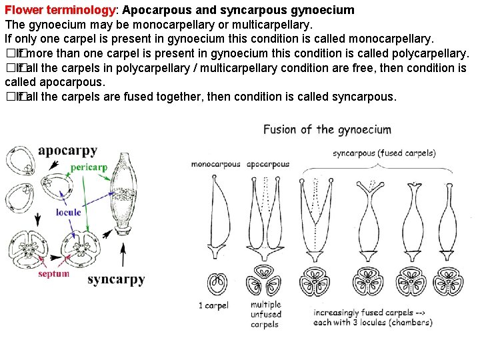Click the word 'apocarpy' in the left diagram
tap(73, 150)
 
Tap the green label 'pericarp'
tap(89, 167)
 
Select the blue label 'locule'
tap(68, 212)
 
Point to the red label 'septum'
tap(53, 273)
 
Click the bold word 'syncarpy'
tap(116, 279)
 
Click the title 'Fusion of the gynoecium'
tap(327, 129)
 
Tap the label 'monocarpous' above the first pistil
tap(215, 164)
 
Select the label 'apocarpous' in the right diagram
tap(268, 164)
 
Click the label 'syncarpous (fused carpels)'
tap(384, 153)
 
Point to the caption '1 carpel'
tap(213, 306)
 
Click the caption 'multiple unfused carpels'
tap(266, 315)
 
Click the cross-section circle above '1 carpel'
tap(216, 283)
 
